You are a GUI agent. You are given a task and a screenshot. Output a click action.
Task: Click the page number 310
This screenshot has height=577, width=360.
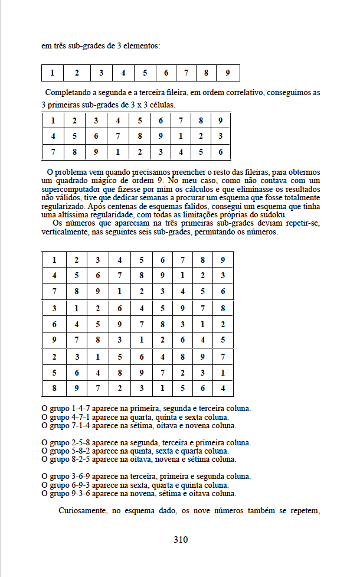[181, 539]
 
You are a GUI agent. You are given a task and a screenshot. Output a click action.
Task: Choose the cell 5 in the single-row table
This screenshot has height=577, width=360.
[145, 73]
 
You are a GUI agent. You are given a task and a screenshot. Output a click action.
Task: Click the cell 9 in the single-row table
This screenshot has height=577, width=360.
[228, 73]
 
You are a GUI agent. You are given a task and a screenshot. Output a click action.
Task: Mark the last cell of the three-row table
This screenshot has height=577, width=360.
[220, 152]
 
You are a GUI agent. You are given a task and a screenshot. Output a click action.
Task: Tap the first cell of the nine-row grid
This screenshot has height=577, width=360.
[54, 260]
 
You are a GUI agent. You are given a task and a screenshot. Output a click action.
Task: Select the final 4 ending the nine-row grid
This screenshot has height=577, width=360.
[223, 388]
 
